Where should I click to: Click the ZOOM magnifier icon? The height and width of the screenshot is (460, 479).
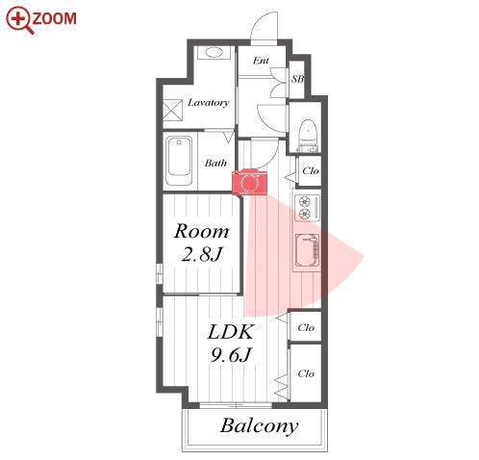click(20, 20)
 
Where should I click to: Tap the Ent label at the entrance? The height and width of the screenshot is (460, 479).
click(261, 61)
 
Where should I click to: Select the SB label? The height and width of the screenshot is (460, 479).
click(297, 79)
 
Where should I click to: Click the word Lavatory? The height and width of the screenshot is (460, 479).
click(208, 103)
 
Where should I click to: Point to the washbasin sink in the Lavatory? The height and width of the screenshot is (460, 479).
click(214, 52)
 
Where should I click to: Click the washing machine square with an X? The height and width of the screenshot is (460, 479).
click(172, 110)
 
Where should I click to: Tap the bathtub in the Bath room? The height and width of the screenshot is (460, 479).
click(180, 162)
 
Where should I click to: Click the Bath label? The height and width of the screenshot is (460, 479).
click(215, 163)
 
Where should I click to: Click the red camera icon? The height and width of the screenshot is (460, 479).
click(249, 182)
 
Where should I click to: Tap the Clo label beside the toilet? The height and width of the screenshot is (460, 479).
click(311, 171)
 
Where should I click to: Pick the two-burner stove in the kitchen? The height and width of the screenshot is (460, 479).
click(307, 207)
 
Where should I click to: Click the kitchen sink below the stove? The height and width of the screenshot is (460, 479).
click(308, 251)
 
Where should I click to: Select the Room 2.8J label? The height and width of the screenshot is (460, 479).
click(202, 243)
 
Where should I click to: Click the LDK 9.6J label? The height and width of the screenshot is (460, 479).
click(231, 344)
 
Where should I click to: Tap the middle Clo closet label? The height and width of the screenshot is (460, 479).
click(306, 327)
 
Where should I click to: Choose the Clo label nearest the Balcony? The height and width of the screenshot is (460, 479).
click(306, 373)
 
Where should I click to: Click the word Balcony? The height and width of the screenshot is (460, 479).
click(259, 426)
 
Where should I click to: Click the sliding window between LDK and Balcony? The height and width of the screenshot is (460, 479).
click(236, 405)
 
